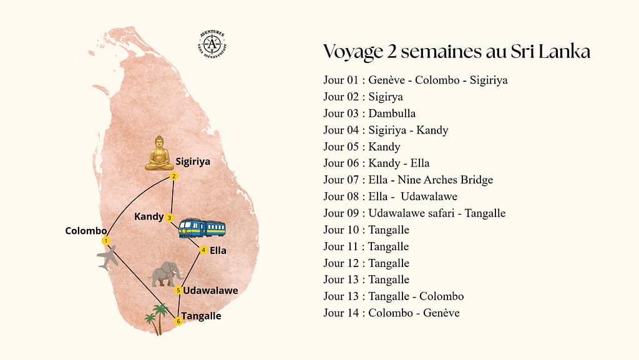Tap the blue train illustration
pos(202,228)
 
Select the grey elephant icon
pos(167,274)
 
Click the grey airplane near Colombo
pos(108,257)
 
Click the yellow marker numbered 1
pos(106,241)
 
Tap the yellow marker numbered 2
pos(173,177)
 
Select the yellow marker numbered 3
pos(169,218)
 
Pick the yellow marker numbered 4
pos(203,250)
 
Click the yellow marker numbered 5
pos(178,290)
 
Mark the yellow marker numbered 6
pos(178,321)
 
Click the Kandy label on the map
pos(149,217)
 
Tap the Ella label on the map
pos(218,251)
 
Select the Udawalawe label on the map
pos(210,290)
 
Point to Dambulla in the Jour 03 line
pos(392,114)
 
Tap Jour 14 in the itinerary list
pos(342,313)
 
